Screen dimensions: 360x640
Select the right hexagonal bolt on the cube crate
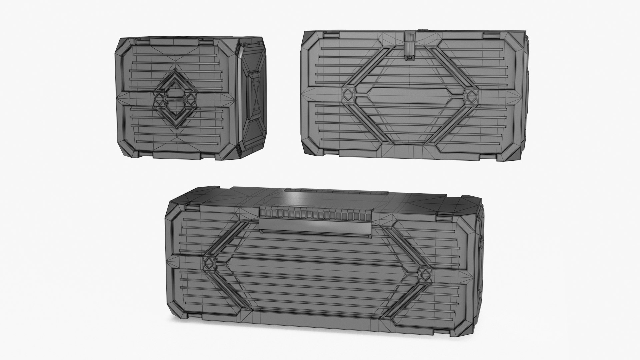[x=189, y=99]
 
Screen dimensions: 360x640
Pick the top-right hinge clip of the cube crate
[x=206, y=42]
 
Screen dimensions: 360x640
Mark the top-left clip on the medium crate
[x=330, y=34]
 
